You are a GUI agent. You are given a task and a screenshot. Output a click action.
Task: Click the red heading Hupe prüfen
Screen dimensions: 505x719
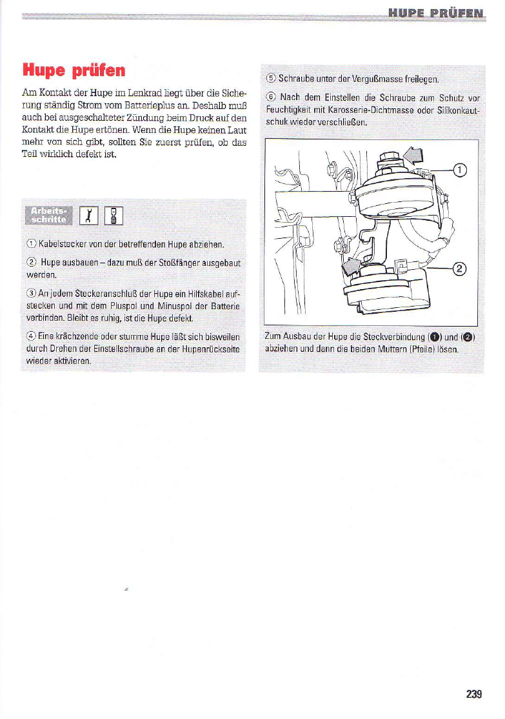pos(74,70)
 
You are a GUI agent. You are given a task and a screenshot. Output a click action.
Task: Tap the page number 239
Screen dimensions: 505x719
pos(474,694)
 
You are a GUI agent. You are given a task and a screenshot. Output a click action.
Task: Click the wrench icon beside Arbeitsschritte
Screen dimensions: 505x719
pos(89,216)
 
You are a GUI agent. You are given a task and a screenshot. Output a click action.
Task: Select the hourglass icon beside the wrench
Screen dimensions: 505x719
pos(114,216)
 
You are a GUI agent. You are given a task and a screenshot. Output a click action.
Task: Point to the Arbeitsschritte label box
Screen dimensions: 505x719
pos(48,215)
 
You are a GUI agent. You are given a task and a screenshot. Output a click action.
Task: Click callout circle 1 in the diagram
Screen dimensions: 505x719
pos(460,170)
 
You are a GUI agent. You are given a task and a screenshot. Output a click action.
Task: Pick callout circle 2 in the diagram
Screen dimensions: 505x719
pos(460,268)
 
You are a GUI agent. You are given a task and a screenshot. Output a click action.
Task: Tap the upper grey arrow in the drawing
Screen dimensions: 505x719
pos(414,156)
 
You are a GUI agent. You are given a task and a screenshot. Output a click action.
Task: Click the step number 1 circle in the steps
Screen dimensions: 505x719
pos(32,244)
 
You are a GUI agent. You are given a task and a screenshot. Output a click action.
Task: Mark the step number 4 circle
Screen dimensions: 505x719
pos(32,336)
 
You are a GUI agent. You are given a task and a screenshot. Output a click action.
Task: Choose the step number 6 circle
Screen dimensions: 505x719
pos(271,97)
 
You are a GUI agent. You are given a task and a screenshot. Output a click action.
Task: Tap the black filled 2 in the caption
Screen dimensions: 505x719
pos(468,338)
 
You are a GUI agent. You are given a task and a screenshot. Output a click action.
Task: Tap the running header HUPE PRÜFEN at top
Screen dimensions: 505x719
pos(436,14)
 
